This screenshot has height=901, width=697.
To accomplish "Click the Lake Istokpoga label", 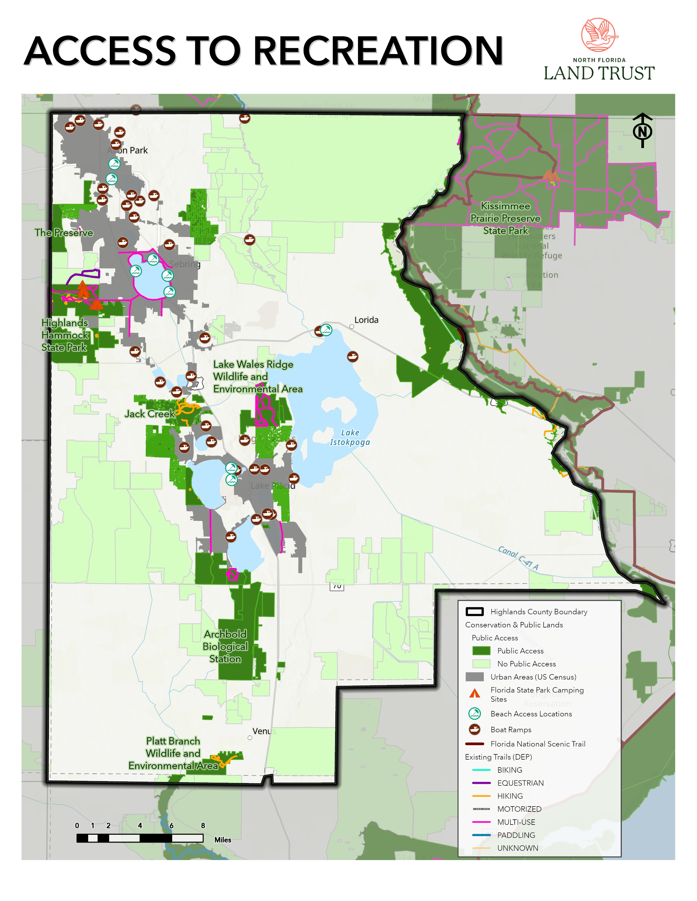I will click(350, 437).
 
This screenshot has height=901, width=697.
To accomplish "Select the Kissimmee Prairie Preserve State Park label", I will click(505, 218).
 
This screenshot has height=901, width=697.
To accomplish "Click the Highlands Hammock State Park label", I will click(65, 335).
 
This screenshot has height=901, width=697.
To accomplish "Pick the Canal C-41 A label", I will click(518, 558).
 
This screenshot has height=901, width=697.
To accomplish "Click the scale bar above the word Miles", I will click(140, 838).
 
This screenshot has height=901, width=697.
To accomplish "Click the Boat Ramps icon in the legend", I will click(475, 729).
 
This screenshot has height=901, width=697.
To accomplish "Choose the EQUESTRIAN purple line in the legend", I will click(481, 783).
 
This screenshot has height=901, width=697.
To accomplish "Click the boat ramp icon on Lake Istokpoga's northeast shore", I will click(352, 356).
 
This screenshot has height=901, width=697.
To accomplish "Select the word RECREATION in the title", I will click(377, 51).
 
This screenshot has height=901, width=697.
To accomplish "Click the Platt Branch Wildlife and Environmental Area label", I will click(173, 753).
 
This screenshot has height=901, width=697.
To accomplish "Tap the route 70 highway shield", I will click(337, 586).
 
